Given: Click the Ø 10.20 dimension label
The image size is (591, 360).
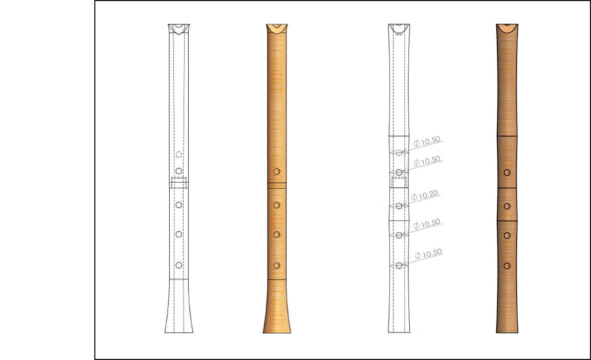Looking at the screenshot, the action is [x=425, y=195].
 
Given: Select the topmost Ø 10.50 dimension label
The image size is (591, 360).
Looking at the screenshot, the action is [x=427, y=141].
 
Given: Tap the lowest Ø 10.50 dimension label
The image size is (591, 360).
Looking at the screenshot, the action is [x=428, y=254].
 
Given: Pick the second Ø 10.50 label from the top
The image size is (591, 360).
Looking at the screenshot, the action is [x=427, y=161].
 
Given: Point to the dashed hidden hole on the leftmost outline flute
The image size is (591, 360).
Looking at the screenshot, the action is [x=179, y=154].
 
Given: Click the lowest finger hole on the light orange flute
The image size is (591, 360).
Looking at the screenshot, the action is [x=277, y=266].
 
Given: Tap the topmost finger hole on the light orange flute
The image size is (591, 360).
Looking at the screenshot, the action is [x=277, y=172].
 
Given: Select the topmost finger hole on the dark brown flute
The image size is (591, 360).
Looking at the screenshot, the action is [x=507, y=173].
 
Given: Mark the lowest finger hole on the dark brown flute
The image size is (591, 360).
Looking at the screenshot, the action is [x=507, y=266].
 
